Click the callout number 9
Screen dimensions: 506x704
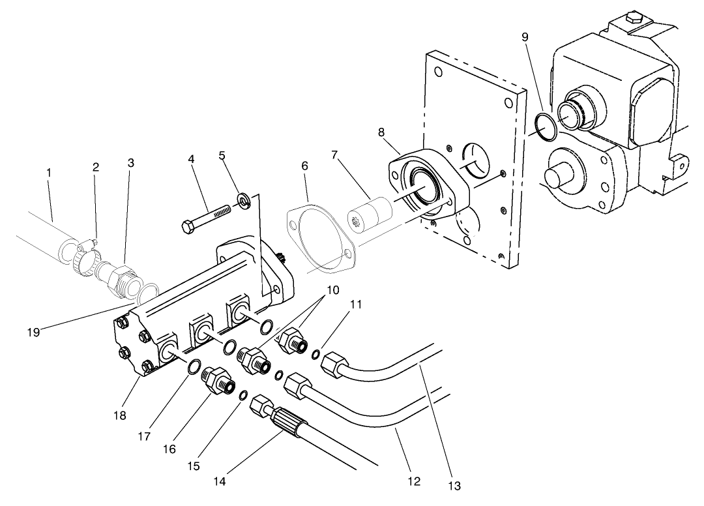[525, 37]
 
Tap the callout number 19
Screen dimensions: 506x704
[34, 332]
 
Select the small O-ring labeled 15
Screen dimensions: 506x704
[242, 395]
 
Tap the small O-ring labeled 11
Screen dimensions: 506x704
[315, 354]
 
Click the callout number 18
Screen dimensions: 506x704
[119, 415]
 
